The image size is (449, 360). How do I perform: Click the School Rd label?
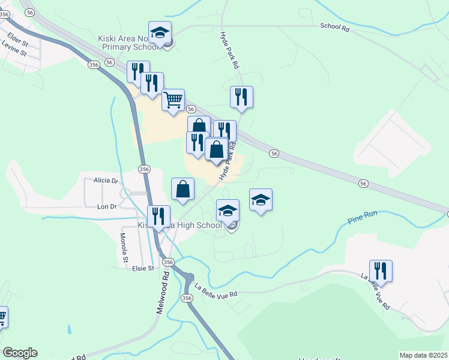[x=334, y=26]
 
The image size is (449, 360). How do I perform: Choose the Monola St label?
[x=124, y=248]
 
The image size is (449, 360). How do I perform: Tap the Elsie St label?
[x=143, y=268]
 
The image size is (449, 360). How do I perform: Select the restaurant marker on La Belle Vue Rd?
[x=381, y=270]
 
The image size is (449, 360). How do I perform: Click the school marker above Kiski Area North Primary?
[x=160, y=32]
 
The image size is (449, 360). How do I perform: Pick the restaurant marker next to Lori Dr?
[x=158, y=216]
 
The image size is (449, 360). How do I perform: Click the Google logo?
[x=20, y=353]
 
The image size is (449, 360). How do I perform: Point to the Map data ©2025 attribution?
[x=423, y=355]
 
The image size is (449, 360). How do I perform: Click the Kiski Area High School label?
[x=180, y=226]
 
